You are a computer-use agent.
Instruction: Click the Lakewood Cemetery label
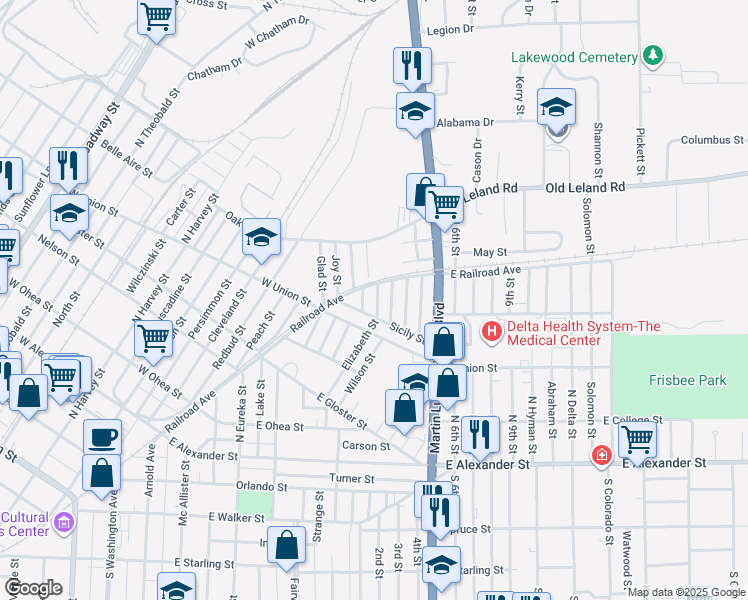pos(574,57)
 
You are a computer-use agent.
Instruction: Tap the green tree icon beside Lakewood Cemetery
pos(653,55)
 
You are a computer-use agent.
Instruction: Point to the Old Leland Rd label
pos(584,187)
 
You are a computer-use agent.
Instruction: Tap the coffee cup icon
pos(102,436)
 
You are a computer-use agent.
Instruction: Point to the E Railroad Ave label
pos(486,272)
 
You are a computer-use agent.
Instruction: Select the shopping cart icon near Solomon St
pos(636,436)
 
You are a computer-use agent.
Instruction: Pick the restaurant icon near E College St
pos(480,433)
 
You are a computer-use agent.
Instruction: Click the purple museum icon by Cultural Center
pos(65,522)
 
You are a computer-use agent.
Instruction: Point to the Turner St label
pos(352,479)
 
